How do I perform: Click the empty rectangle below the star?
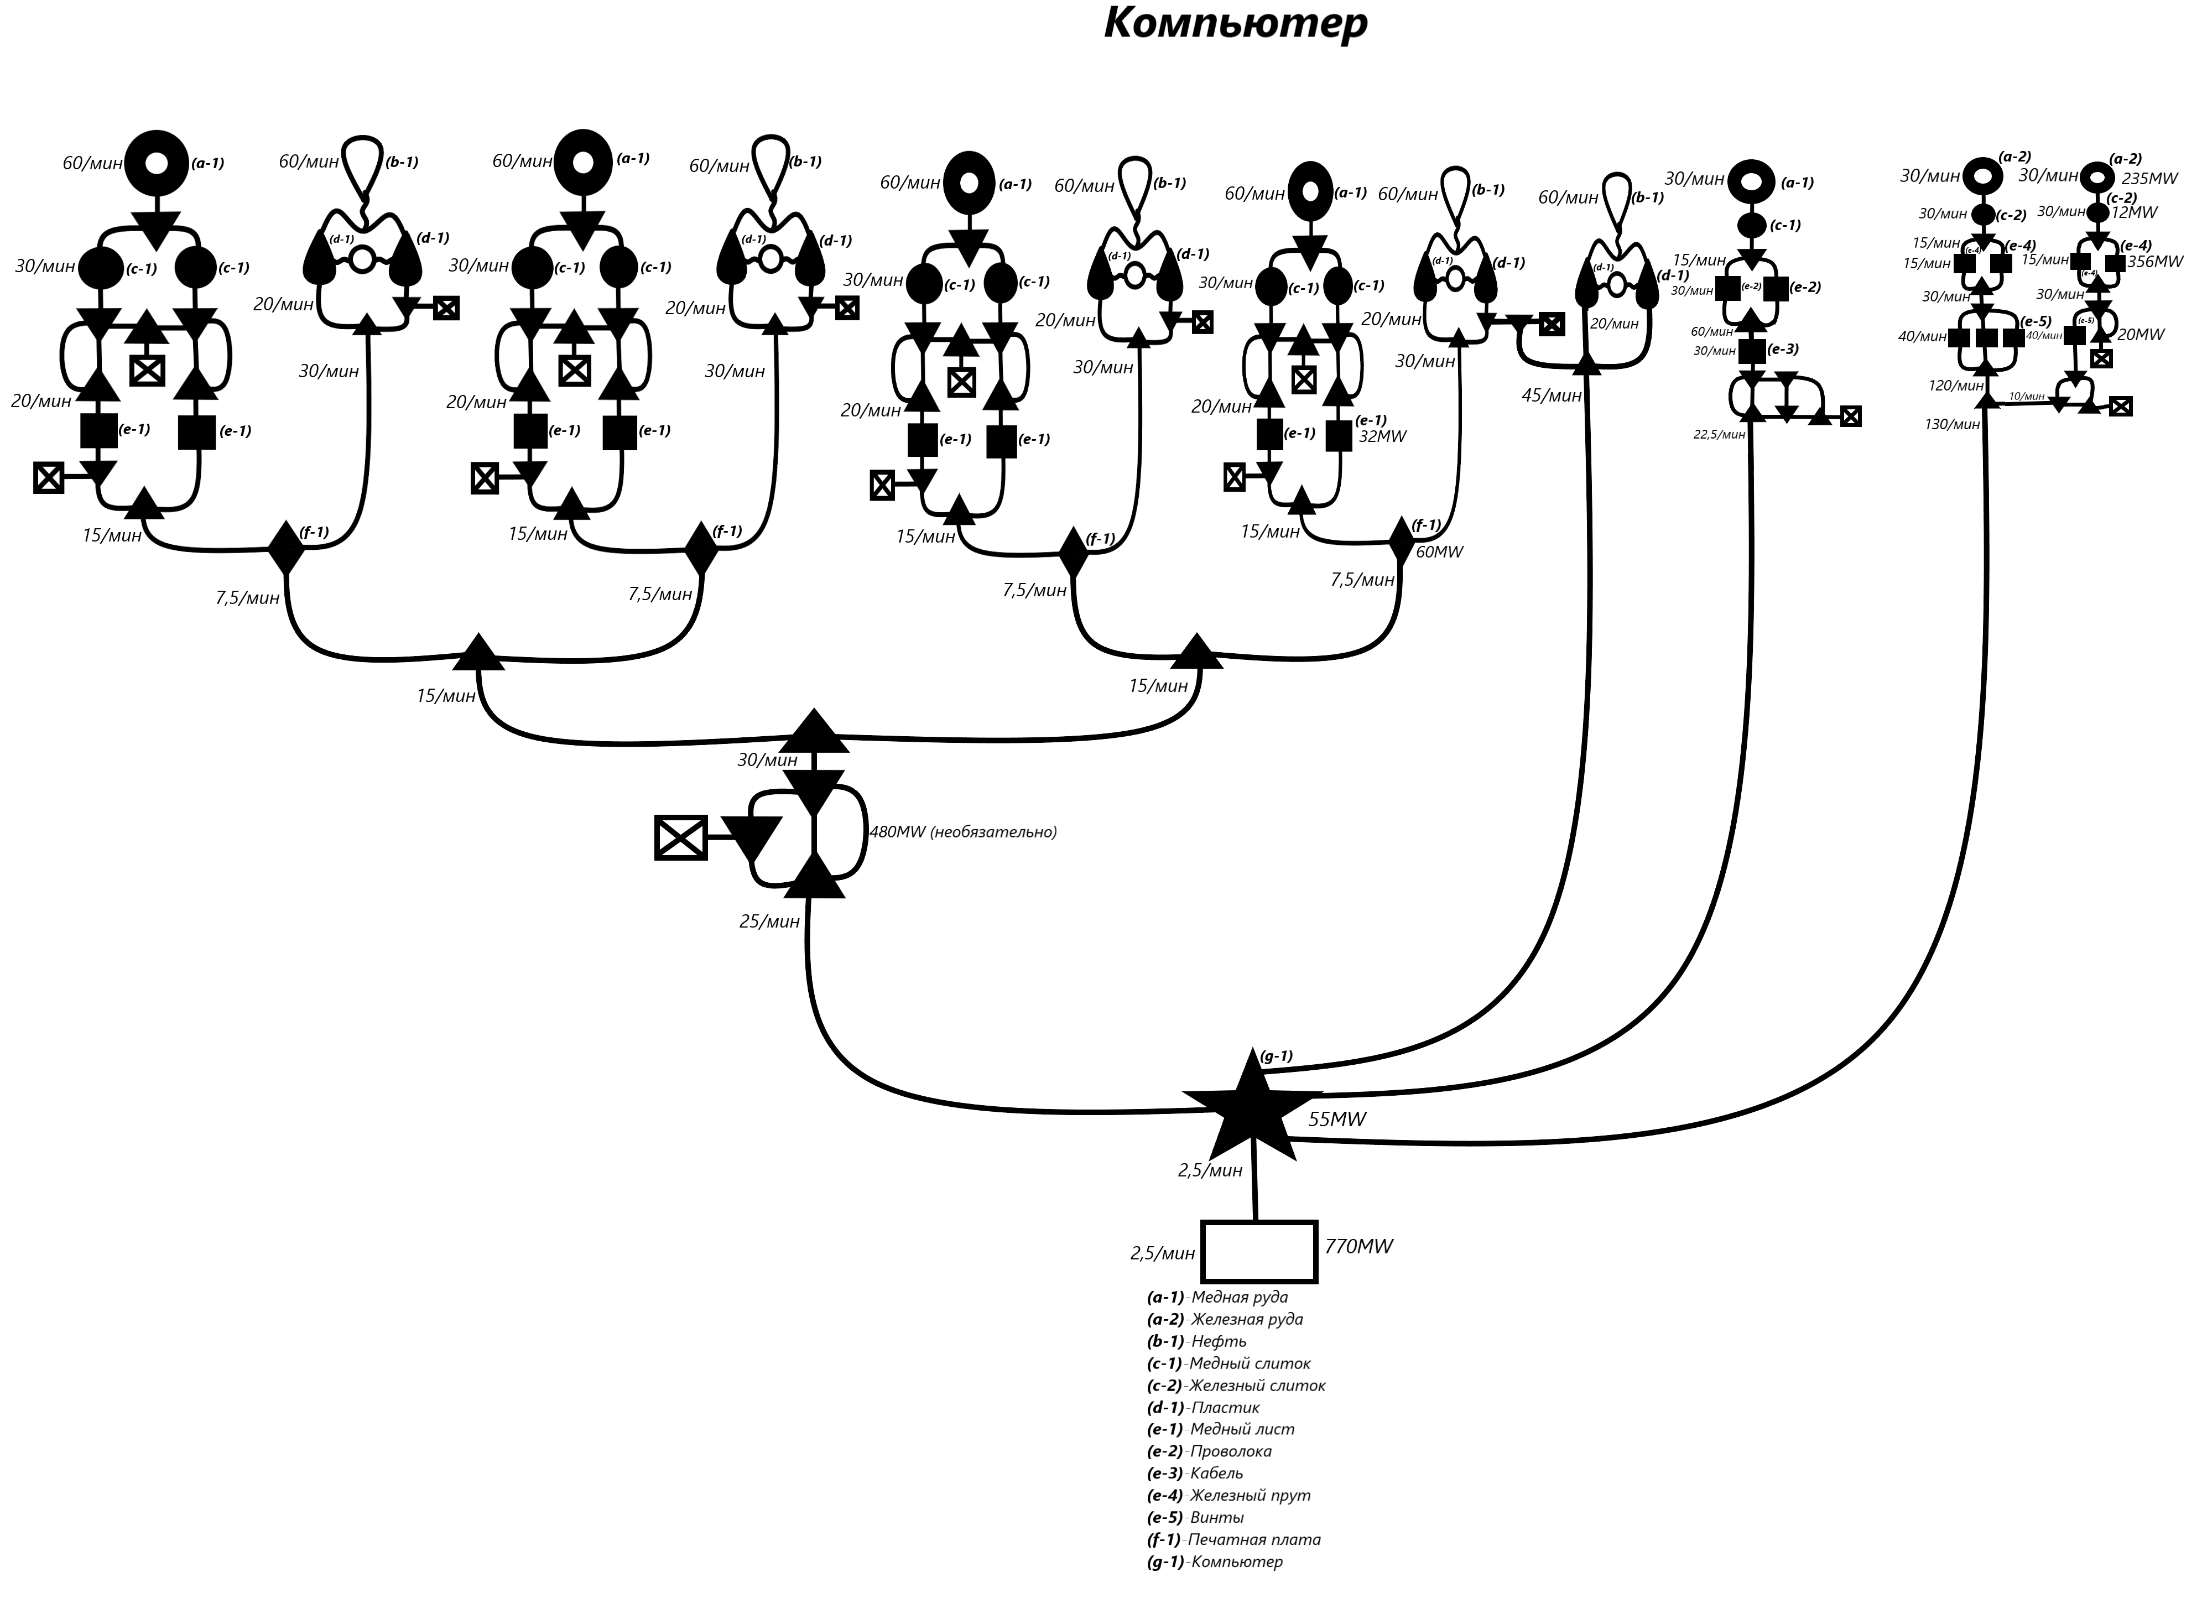click(x=1258, y=1252)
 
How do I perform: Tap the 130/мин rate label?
click(x=1952, y=425)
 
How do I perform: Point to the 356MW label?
click(x=2154, y=262)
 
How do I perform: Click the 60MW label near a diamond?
click(x=1439, y=552)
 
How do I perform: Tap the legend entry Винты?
click(x=1216, y=1517)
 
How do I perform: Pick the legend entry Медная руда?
click(x=1239, y=1298)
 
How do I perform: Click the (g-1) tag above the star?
click(x=1276, y=1056)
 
